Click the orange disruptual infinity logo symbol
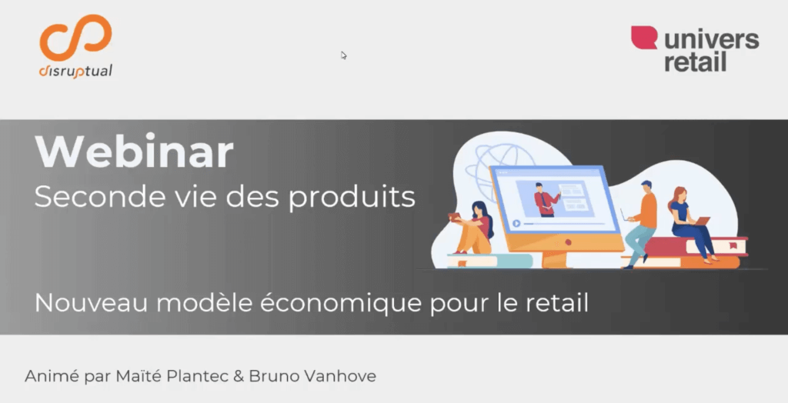point(75,38)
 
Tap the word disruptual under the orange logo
point(75,72)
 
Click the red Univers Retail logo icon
point(644,38)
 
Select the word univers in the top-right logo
point(712,40)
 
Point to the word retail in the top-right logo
point(696,62)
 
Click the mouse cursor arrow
point(344,55)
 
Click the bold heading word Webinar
point(134,152)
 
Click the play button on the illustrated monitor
point(516,223)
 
